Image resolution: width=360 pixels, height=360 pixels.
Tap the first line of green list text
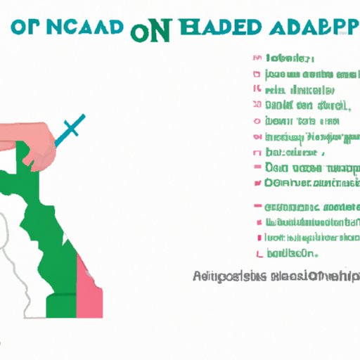tap(288, 59)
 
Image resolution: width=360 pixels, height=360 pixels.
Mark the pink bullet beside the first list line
tap(253, 59)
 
